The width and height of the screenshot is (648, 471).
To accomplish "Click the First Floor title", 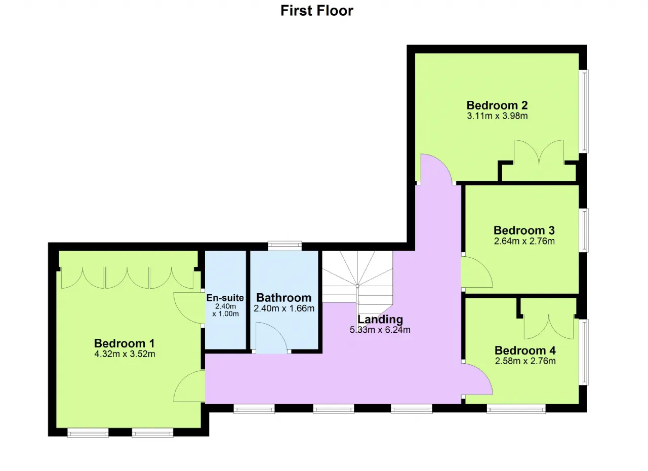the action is tap(317, 11).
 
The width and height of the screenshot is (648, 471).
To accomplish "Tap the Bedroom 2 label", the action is tap(497, 105).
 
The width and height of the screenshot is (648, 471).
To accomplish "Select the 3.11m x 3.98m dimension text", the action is tap(497, 116).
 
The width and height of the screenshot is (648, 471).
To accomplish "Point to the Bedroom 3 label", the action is tap(524, 230).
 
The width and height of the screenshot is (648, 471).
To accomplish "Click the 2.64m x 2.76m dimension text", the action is tap(524, 241).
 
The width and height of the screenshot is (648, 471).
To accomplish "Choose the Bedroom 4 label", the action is tap(525, 350).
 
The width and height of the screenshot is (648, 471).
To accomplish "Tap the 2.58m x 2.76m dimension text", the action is tap(525, 361).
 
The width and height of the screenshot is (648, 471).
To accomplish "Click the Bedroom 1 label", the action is tap(125, 343).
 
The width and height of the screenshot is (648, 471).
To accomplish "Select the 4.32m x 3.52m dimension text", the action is tap(125, 354).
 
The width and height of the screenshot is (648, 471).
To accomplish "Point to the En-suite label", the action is tap(225, 298).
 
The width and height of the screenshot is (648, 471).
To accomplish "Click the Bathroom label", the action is tap(284, 298).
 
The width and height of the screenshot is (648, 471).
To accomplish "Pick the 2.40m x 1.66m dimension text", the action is tap(284, 308).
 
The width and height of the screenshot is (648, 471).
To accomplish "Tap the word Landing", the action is tap(380, 319).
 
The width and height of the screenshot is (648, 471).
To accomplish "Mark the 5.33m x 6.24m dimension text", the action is tap(380, 330).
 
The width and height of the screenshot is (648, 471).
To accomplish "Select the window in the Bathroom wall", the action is tap(285, 246).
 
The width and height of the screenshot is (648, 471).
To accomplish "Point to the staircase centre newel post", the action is tap(357, 286).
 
